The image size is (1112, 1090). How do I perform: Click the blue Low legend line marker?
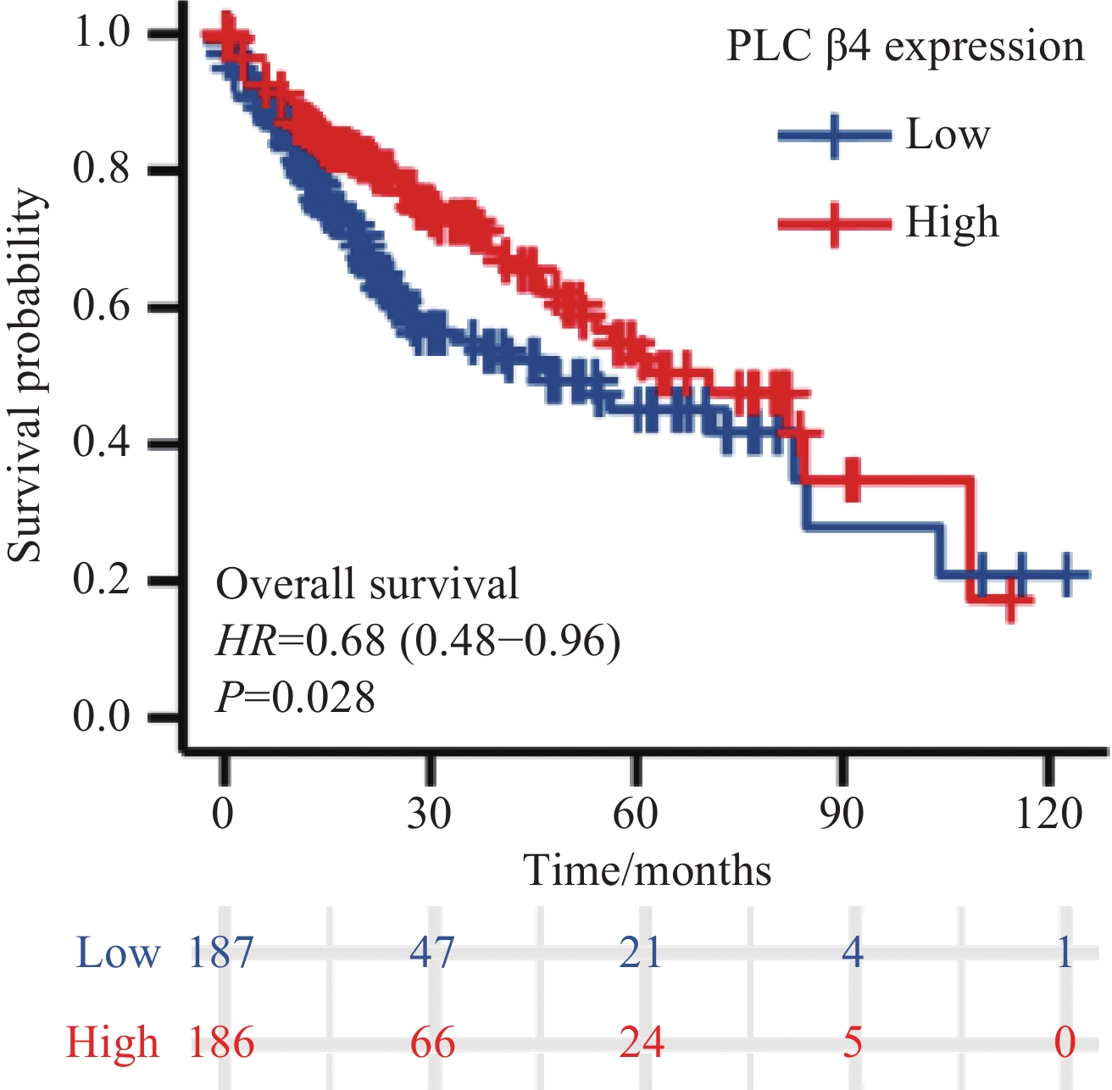point(835,136)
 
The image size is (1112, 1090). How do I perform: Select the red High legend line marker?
point(835,224)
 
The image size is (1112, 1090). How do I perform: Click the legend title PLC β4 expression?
point(905,47)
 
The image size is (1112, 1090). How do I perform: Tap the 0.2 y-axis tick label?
point(102,581)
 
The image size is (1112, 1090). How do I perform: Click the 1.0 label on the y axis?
point(102,33)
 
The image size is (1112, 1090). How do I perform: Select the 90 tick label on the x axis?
point(842,815)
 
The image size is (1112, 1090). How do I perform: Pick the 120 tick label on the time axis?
point(1049,815)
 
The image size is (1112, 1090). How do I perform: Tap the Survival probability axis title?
point(25,375)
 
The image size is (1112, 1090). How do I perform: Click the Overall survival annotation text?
point(367,585)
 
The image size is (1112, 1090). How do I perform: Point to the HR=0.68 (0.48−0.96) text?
point(418,642)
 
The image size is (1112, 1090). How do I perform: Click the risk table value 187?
point(221,952)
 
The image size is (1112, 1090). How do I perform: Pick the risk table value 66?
point(432,1042)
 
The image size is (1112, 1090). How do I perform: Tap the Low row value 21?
point(640,952)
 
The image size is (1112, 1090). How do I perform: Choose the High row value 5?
point(852,1042)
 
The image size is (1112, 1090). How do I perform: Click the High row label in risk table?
point(113,1042)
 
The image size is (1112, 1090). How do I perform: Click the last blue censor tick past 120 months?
point(1066,575)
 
